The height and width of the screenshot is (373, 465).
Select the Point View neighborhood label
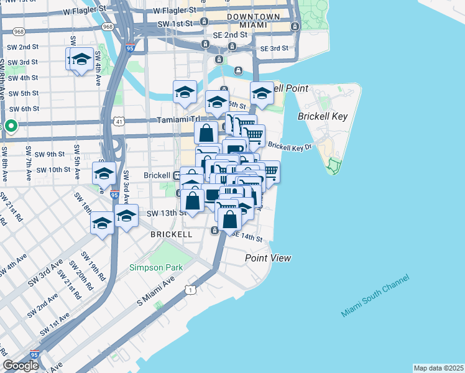[x=268, y=258]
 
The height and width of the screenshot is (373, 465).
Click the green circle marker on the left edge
[x=11, y=127]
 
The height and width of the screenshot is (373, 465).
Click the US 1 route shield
[x=190, y=290]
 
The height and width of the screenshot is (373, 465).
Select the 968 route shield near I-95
[x=108, y=27]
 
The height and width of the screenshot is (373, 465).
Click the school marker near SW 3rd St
[x=81, y=60]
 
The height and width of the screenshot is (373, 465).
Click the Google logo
[x=21, y=366]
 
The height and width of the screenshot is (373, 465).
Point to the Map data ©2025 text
[x=438, y=368]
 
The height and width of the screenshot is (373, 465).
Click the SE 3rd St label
[x=274, y=48]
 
